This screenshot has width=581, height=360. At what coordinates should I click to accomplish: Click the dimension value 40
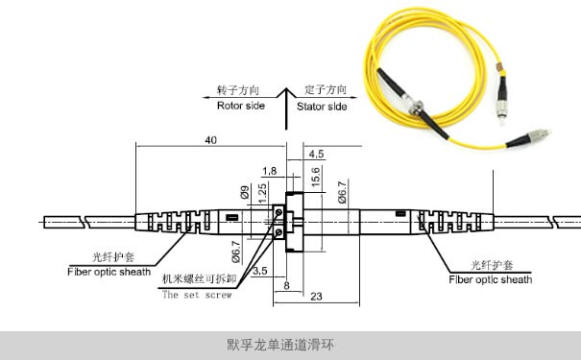pyautogui.click(x=210, y=140)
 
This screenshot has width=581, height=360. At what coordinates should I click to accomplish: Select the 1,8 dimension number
pyautogui.click(x=269, y=170)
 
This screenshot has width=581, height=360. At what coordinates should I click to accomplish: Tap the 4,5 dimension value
pyautogui.click(x=316, y=154)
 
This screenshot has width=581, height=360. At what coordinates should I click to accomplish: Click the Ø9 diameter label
pyautogui.click(x=246, y=192)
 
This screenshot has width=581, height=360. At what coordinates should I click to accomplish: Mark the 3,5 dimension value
pyautogui.click(x=259, y=272)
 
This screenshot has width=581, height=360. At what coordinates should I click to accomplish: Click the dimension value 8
pyautogui.click(x=286, y=285)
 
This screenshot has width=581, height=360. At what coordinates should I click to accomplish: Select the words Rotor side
pyautogui.click(x=240, y=106)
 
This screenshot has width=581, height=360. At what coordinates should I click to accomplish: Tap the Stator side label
pyautogui.click(x=322, y=106)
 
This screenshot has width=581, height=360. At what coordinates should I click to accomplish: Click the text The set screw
pyautogui.click(x=196, y=295)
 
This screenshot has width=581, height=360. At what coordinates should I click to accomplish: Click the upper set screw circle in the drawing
pyautogui.click(x=279, y=214)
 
